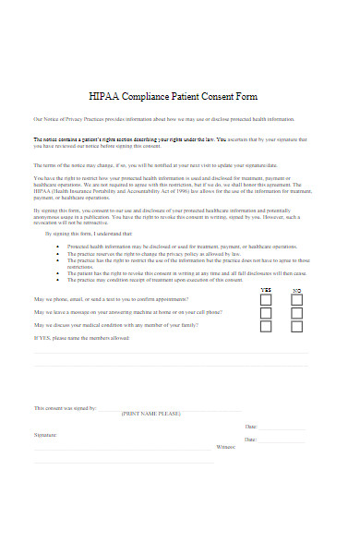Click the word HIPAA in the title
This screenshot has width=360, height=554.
pos(103,96)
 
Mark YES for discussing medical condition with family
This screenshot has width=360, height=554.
pos(266,326)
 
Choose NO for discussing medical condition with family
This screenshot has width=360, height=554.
pos(296,326)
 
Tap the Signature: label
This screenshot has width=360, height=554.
pos(45,433)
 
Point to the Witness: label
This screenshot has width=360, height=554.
pos(226,446)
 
